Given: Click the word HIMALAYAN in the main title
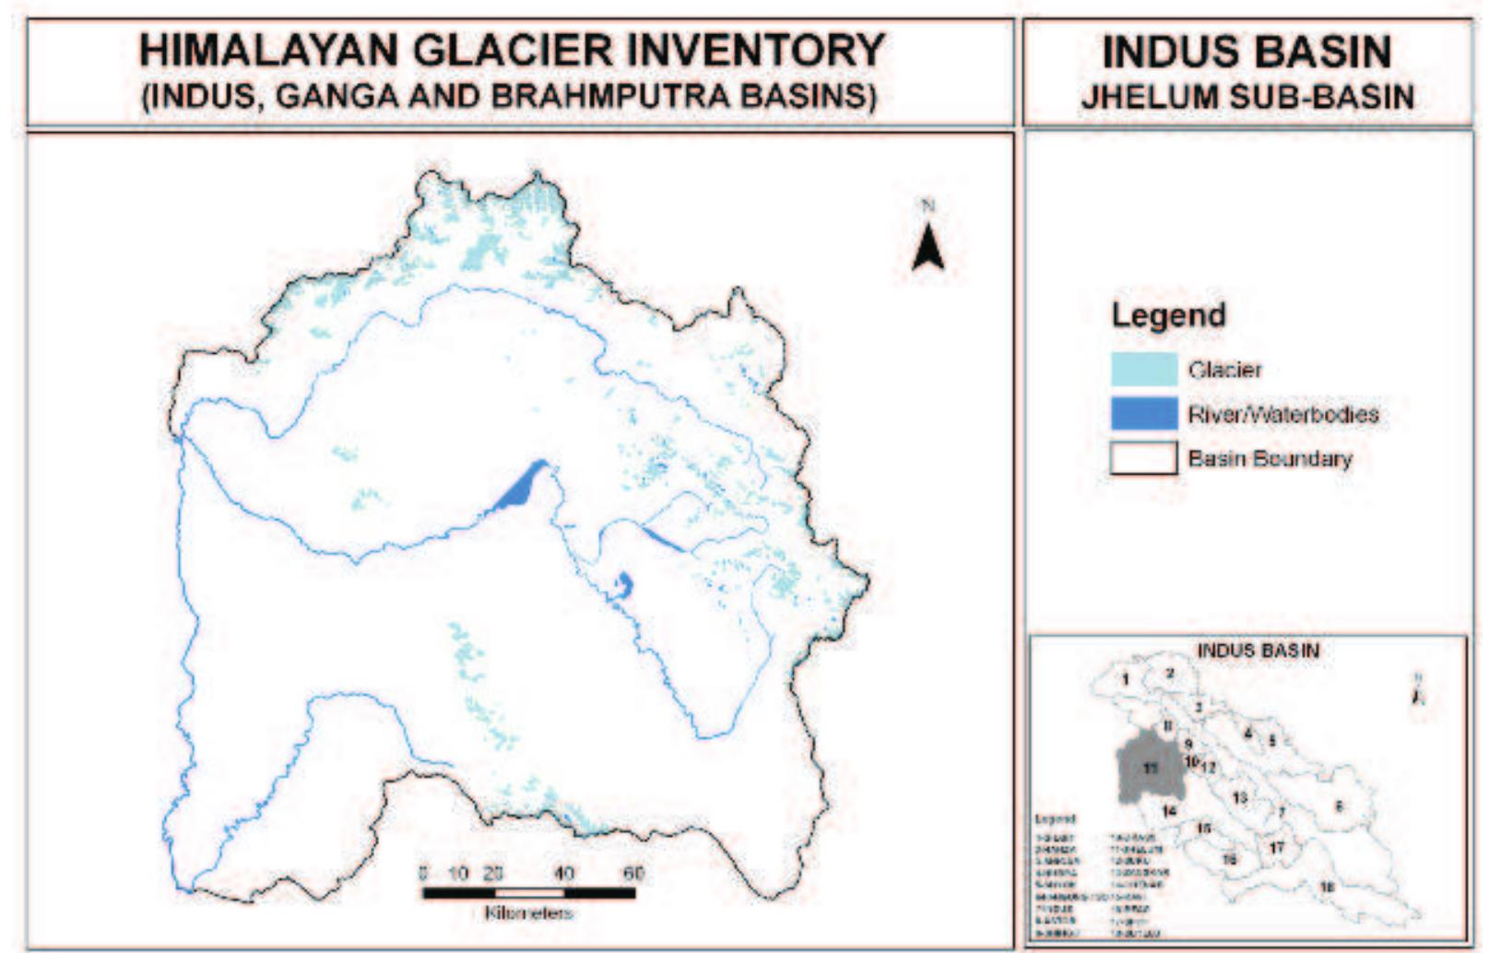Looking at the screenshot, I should (267, 50).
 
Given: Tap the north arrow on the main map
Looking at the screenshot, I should (928, 246).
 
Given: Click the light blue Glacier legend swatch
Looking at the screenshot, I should (1143, 369).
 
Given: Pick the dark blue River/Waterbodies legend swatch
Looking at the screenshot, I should (1143, 413).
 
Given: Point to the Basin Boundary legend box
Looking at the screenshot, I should (1143, 458).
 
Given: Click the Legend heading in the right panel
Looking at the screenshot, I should (1168, 315).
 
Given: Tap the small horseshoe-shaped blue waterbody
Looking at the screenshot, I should (624, 584).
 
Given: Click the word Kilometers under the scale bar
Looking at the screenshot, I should (528, 912).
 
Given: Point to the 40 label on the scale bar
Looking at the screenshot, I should (563, 873).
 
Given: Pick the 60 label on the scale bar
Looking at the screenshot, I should (632, 873).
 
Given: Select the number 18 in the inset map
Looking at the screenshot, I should (1327, 887).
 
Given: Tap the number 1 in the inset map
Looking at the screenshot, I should (1126, 679).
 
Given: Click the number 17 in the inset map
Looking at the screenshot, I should (1276, 847).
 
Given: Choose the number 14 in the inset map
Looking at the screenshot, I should (1169, 811).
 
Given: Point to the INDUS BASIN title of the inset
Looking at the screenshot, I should (1258, 651).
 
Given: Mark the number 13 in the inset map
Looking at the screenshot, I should (1239, 797).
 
